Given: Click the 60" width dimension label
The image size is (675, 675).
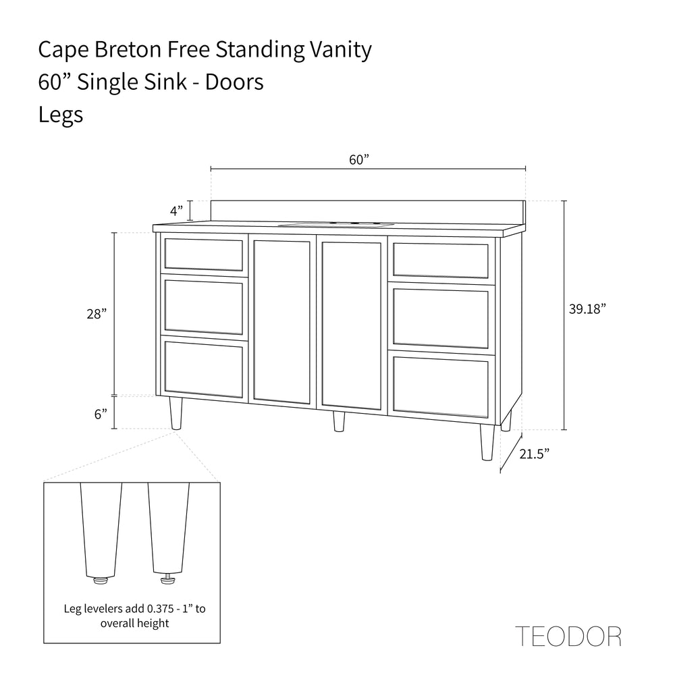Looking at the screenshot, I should (x=360, y=160).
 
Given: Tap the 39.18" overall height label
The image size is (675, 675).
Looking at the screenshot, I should (x=587, y=308).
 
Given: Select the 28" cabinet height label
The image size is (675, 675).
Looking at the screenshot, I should (x=97, y=314).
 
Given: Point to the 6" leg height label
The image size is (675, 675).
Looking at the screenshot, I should (x=101, y=414).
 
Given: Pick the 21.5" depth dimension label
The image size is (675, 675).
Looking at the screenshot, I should (x=535, y=454).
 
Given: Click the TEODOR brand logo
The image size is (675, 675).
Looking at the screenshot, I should (x=568, y=636).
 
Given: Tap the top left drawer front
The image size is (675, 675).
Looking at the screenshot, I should (x=204, y=254).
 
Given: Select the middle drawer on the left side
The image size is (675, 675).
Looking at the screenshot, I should (x=204, y=307).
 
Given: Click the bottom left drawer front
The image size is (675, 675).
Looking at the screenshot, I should (x=204, y=369).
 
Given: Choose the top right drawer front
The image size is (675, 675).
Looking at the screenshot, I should (x=441, y=261).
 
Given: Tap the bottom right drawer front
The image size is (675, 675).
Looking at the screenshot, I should (x=441, y=384).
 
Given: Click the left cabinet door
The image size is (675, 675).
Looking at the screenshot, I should (x=281, y=321).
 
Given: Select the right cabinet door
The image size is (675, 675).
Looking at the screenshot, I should (x=351, y=325).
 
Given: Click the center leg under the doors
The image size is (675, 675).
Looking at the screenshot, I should (x=339, y=421).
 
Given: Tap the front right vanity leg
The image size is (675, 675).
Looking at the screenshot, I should (x=487, y=442).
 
